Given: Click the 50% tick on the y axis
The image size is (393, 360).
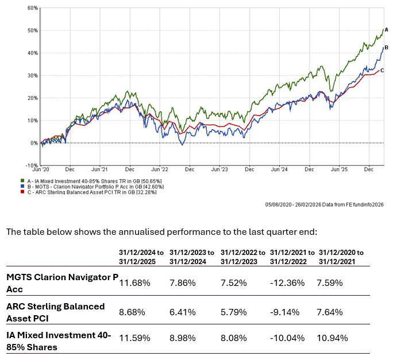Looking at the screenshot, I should tap(32, 30).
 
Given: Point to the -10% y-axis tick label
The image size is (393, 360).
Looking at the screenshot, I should tap(31, 165).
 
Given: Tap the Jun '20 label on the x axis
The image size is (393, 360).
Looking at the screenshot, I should tap(41, 170).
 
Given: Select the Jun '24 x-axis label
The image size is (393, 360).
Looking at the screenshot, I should tap(280, 170).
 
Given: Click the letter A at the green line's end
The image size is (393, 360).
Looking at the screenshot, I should tap(387, 29).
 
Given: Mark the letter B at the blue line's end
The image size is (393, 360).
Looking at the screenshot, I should tap(387, 48).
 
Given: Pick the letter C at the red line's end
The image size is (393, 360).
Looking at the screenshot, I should tap(382, 69).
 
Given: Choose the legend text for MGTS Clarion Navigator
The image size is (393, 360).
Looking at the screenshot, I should tap(103, 187).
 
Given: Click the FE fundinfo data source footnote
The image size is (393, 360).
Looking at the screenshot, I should tap(324, 204).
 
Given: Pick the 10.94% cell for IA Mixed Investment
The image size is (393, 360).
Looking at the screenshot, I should tap(332, 337).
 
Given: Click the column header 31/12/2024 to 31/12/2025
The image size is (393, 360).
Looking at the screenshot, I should tap(142, 257).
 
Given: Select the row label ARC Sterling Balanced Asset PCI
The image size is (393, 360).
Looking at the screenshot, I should tap(55, 312).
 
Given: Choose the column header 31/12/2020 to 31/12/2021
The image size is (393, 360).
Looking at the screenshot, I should tap(341, 257).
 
